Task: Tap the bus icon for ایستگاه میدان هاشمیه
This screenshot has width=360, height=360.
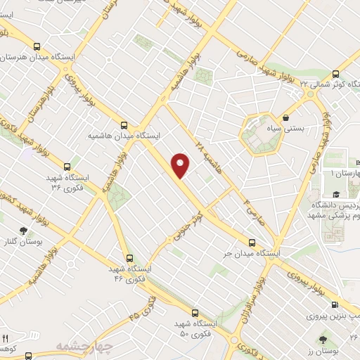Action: [124, 122]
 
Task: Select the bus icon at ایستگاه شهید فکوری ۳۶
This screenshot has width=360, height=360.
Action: [67, 167]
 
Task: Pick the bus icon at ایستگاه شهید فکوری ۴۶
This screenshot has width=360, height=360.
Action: [129, 258]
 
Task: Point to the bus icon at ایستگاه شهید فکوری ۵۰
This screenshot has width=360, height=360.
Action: [194, 314]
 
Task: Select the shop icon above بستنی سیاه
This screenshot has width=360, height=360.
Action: [287, 117]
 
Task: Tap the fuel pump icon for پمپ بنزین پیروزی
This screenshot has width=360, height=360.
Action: [334, 304]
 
